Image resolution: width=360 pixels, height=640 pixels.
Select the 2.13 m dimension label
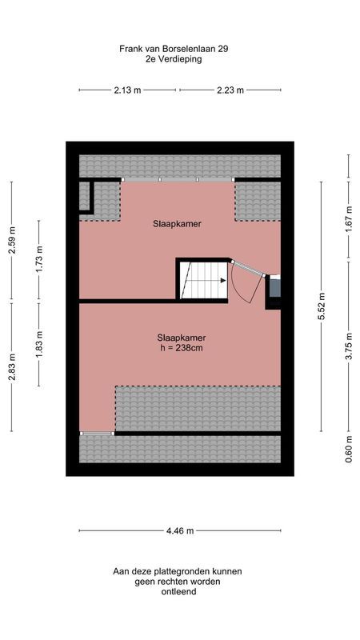point(128,90)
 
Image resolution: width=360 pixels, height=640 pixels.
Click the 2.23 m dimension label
point(230,90)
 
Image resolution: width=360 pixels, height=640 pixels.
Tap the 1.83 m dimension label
point(39,342)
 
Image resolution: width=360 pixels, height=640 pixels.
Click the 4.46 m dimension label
point(180,530)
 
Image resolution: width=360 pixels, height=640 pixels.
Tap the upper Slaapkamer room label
point(177,224)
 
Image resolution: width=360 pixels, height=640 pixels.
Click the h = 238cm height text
point(181,348)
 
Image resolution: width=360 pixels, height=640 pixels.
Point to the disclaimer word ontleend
point(177,592)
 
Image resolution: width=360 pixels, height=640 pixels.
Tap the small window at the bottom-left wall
point(96,433)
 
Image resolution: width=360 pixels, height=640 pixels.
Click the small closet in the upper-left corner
point(86,197)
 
